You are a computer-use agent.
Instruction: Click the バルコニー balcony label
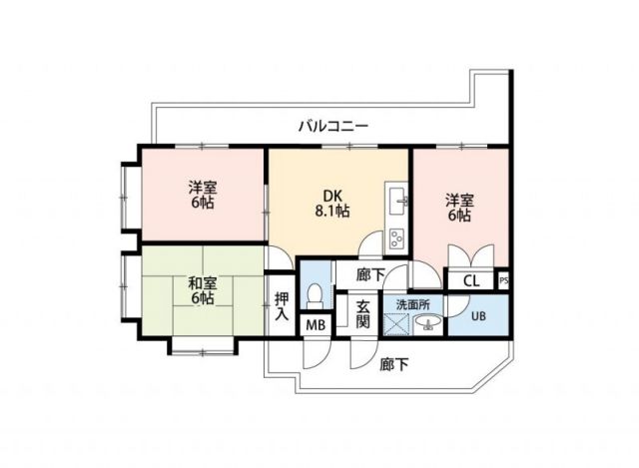pyautogui.click(x=333, y=126)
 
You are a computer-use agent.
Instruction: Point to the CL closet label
pyautogui.click(x=470, y=280)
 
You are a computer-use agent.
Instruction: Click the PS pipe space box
pyautogui.click(x=502, y=280)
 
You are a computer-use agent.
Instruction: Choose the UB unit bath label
pyautogui.click(x=479, y=316)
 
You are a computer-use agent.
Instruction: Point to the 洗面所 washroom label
pyautogui.click(x=410, y=303)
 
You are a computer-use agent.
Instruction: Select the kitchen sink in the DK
pyautogui.click(x=397, y=198)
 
